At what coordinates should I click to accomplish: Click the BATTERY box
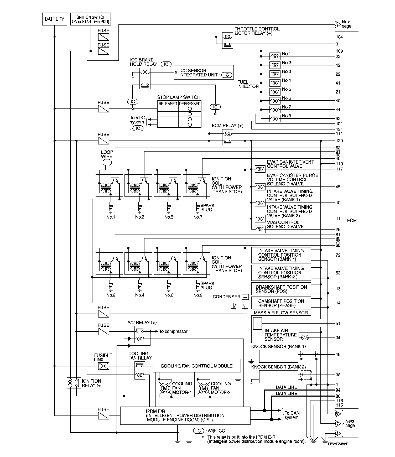(x=54, y=19)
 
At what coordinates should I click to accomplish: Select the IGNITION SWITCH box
(x=90, y=19)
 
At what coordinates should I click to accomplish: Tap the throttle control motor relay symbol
(x=227, y=40)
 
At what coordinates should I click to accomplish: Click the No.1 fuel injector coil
(x=275, y=56)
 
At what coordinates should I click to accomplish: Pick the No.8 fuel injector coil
(x=275, y=118)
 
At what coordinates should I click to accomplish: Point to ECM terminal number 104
(x=339, y=37)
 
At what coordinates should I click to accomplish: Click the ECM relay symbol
(x=227, y=137)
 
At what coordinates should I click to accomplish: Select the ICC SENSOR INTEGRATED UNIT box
(x=203, y=73)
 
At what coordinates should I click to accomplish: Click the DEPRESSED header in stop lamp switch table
(x=190, y=104)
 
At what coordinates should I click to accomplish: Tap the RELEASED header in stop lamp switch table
(x=168, y=104)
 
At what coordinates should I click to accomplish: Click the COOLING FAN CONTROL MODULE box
(x=196, y=366)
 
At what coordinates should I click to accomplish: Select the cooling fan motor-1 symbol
(x=165, y=388)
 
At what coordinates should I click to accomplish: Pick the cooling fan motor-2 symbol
(x=204, y=388)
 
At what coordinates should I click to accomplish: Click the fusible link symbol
(x=103, y=366)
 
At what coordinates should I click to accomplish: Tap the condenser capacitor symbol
(x=245, y=297)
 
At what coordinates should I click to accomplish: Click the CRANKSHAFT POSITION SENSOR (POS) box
(x=281, y=289)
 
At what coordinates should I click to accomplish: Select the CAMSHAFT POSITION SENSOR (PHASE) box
(x=281, y=303)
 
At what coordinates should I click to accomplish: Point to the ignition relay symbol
(x=74, y=383)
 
